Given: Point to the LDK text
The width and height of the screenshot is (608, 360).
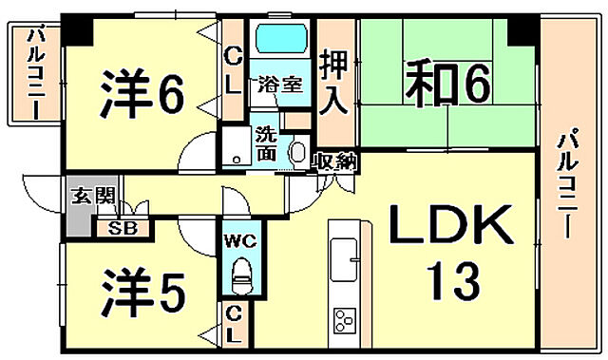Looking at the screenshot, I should click(x=449, y=228).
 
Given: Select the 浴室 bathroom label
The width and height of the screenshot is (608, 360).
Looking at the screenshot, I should click(x=281, y=84).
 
